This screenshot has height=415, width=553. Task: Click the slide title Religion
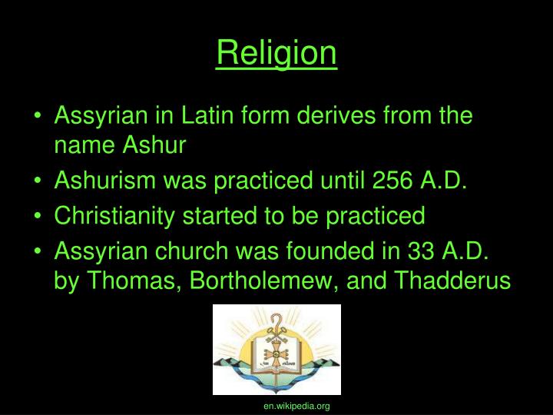pyautogui.click(x=276, y=53)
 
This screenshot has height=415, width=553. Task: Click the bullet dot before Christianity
pyautogui.click(x=38, y=217)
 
